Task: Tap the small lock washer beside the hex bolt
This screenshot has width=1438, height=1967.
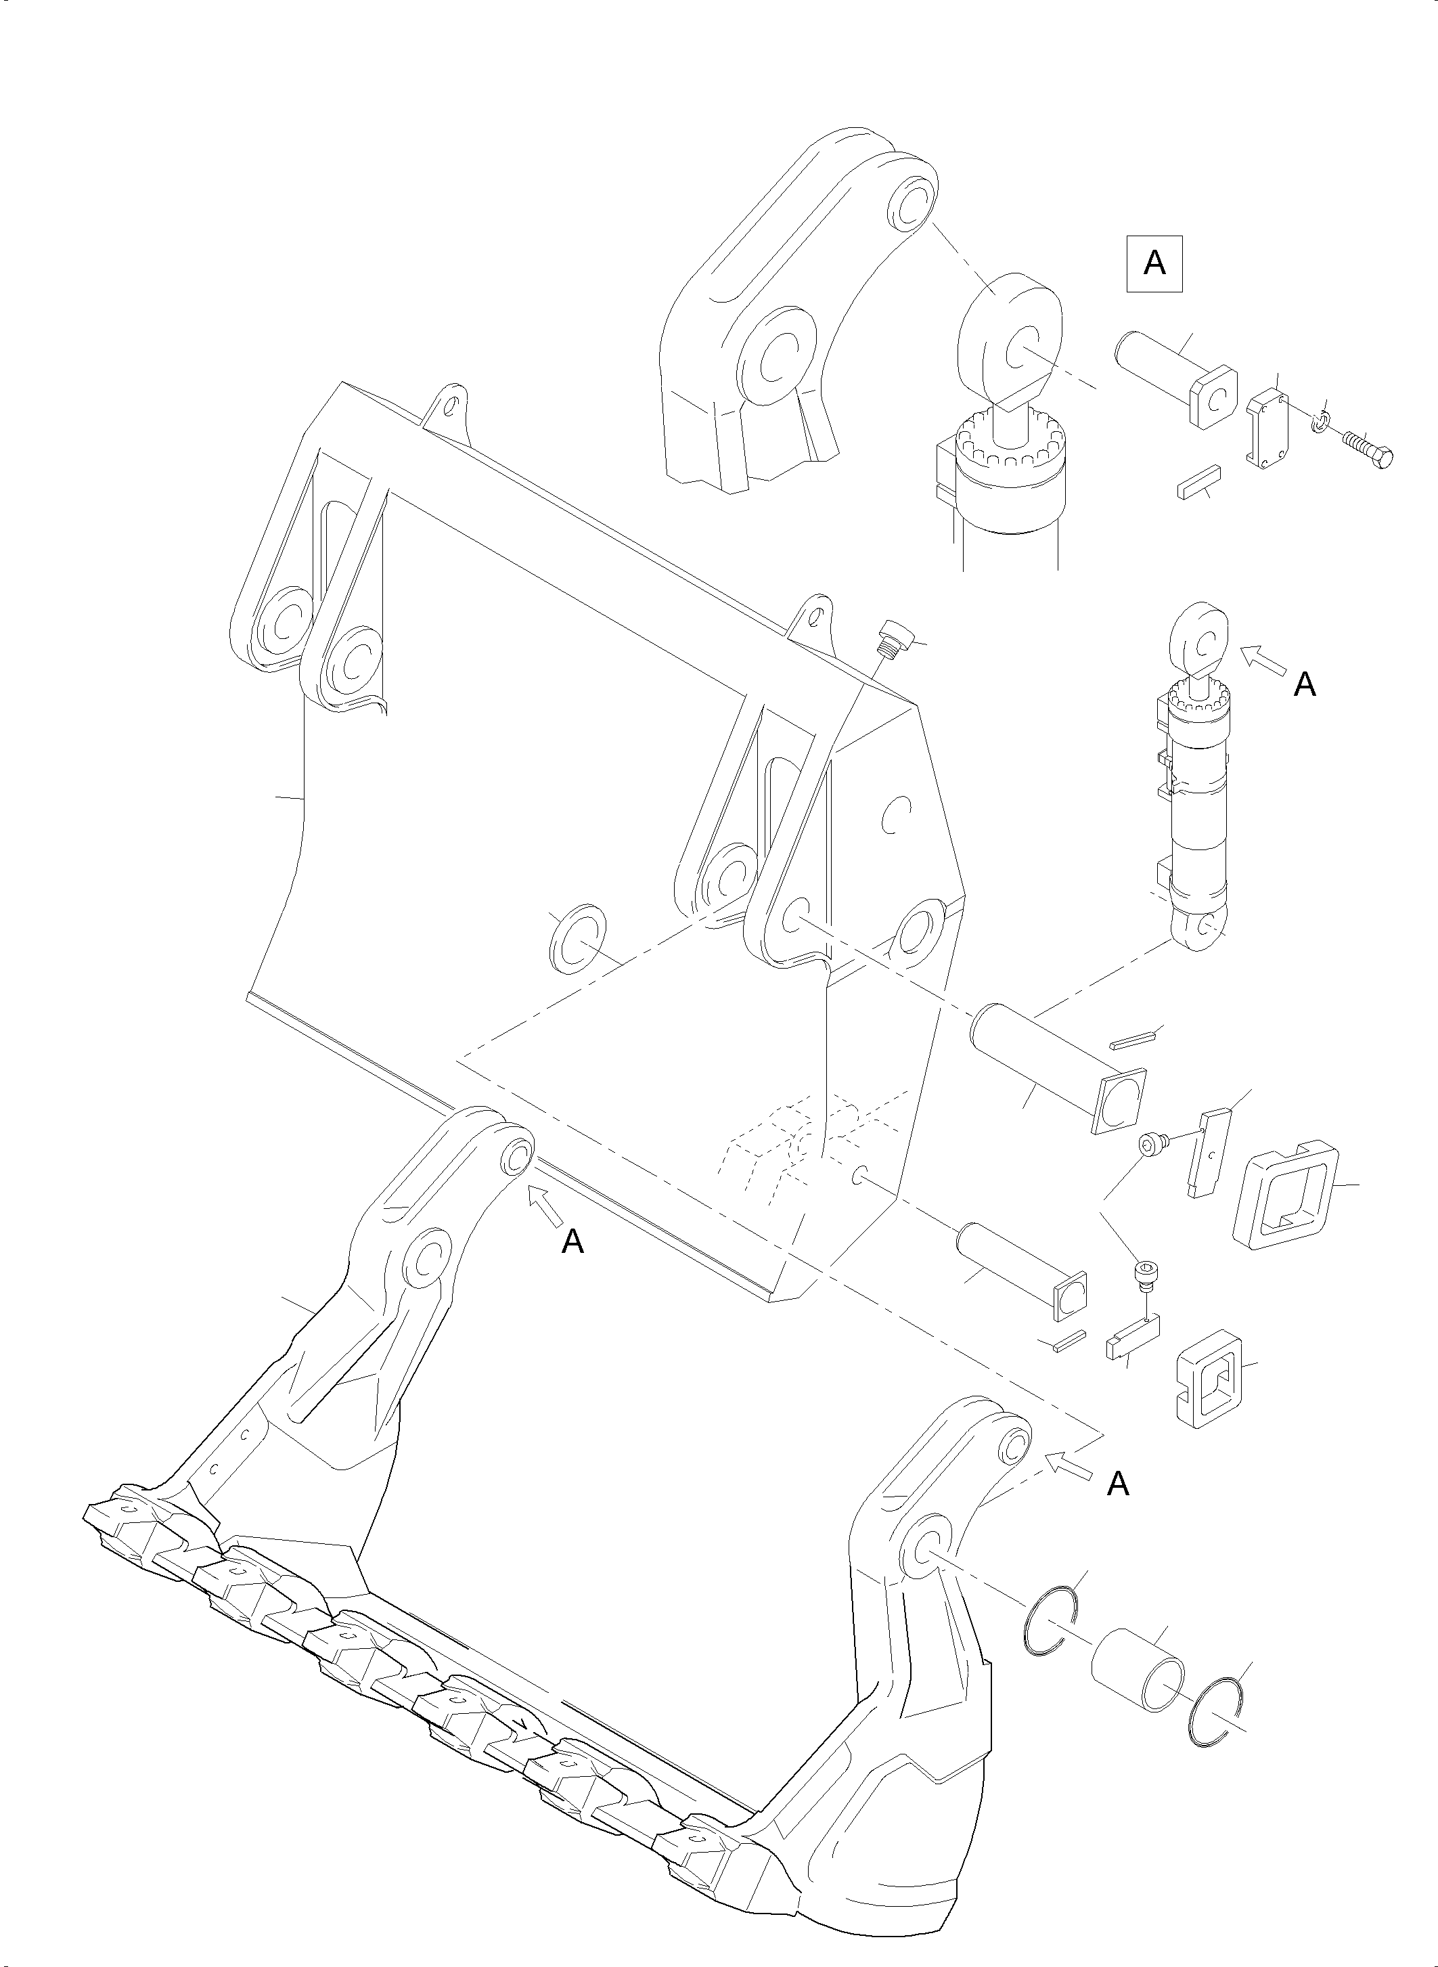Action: point(1320,423)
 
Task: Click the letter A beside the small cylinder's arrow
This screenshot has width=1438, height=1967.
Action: point(1304,685)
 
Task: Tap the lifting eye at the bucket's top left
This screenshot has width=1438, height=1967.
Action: point(447,408)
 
